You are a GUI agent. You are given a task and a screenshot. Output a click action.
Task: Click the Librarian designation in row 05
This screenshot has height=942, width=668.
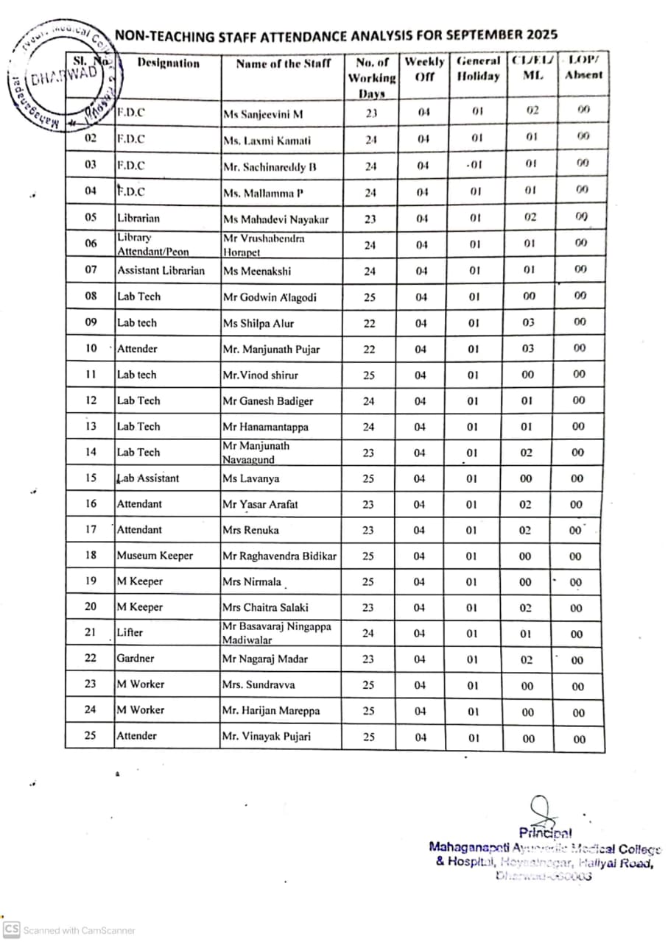(138, 219)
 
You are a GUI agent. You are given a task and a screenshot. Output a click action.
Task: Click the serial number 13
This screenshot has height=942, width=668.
(90, 426)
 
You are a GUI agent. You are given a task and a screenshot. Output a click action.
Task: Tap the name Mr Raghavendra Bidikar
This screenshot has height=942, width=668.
(279, 556)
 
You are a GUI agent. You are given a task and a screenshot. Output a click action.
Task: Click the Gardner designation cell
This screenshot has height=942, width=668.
(136, 659)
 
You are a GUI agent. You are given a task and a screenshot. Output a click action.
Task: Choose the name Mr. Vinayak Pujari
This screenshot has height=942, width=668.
(267, 736)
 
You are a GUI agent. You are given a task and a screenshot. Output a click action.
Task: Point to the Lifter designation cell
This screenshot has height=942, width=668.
(130, 633)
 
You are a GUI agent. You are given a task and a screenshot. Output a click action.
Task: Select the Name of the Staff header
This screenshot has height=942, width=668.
(283, 64)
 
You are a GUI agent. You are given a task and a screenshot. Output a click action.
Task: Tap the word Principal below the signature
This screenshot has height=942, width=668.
(545, 833)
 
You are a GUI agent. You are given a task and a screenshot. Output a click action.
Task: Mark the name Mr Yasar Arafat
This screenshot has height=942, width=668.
(260, 505)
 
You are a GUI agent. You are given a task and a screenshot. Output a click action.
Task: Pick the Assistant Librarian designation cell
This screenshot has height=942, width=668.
(161, 270)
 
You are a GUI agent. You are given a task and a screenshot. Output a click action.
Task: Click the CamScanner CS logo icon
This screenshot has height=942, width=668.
(11, 929)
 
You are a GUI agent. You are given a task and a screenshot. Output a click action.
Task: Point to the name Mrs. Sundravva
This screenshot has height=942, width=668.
(258, 684)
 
